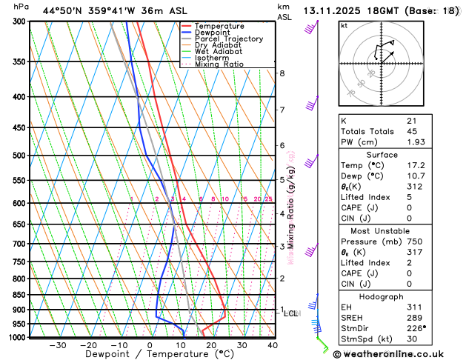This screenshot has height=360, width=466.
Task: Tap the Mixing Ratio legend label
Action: coord(220,64)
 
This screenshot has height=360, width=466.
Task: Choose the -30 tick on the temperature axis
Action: coord(57,345)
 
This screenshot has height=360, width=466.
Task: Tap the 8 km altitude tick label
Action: coord(282,73)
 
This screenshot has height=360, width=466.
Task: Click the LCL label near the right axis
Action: coord(290,313)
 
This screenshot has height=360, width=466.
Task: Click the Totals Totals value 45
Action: coord(411,131)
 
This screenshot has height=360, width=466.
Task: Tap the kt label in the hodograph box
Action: coord(344,25)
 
